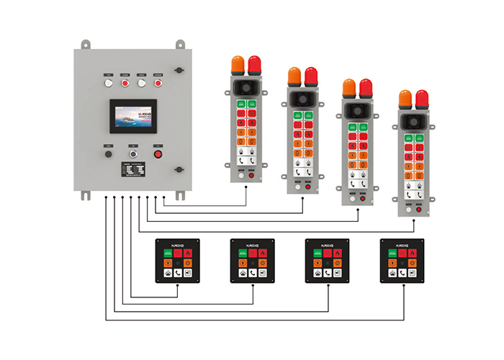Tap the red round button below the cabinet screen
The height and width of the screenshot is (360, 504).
[158, 153]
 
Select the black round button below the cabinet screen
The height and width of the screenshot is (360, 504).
[109, 153]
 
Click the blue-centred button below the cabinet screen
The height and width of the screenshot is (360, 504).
[133, 153]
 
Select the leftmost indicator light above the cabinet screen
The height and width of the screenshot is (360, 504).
[109, 84]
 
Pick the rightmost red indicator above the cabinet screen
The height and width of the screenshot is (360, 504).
[158, 84]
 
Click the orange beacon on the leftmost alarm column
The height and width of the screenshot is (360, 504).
[238, 65]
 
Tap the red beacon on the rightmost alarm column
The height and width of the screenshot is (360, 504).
[421, 99]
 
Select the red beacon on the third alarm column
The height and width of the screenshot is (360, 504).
[366, 88]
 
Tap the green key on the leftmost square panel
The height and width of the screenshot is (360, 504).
[167, 253]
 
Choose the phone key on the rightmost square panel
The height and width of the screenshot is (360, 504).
[401, 272]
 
